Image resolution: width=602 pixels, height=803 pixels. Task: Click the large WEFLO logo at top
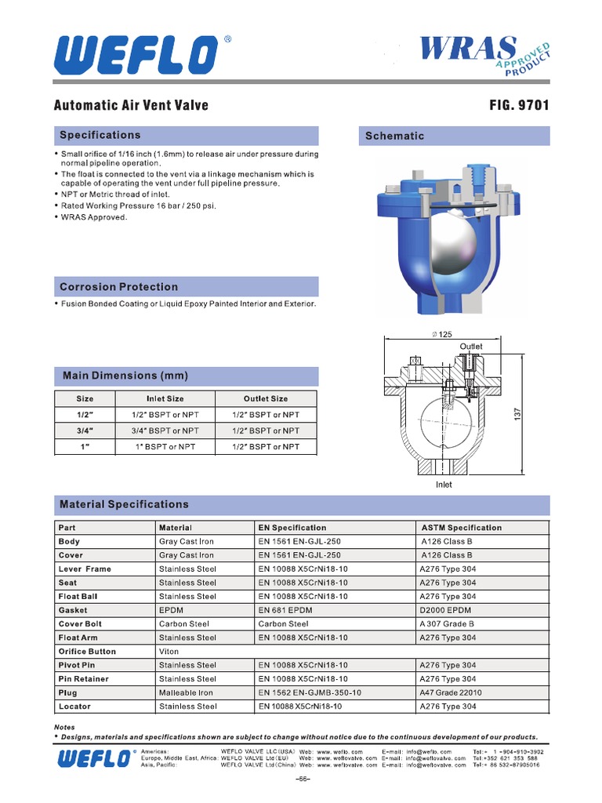pyautogui.click(x=136, y=56)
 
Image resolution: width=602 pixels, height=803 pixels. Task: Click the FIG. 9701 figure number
pyautogui.click(x=519, y=105)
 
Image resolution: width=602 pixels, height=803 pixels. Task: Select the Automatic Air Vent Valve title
pyautogui.click(x=131, y=105)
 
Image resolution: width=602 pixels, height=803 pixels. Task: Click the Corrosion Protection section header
pyautogui.click(x=119, y=287)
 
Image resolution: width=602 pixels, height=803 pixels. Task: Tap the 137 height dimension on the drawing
pyautogui.click(x=517, y=413)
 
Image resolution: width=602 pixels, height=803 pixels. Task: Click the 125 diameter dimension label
pyautogui.click(x=444, y=335)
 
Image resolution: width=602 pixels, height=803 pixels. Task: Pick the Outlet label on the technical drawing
pyautogui.click(x=471, y=346)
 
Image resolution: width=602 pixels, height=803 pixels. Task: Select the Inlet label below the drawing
pyautogui.click(x=444, y=485)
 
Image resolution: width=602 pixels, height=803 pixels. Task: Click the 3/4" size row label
pyautogui.click(x=85, y=431)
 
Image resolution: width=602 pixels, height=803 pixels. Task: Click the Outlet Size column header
pyautogui.click(x=266, y=398)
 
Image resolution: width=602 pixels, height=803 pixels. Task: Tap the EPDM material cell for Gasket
pyautogui.click(x=171, y=610)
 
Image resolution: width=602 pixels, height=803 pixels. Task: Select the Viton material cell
pyautogui.click(x=169, y=652)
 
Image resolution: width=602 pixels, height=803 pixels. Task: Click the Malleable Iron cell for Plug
pyautogui.click(x=186, y=692)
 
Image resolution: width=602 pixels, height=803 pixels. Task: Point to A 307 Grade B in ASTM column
pyautogui.click(x=448, y=624)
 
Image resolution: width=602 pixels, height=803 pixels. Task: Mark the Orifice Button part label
pyautogui.click(x=87, y=652)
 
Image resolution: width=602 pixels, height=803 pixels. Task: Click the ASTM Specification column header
pyautogui.click(x=461, y=528)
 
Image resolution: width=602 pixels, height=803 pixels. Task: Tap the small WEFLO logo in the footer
pyautogui.click(x=92, y=758)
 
